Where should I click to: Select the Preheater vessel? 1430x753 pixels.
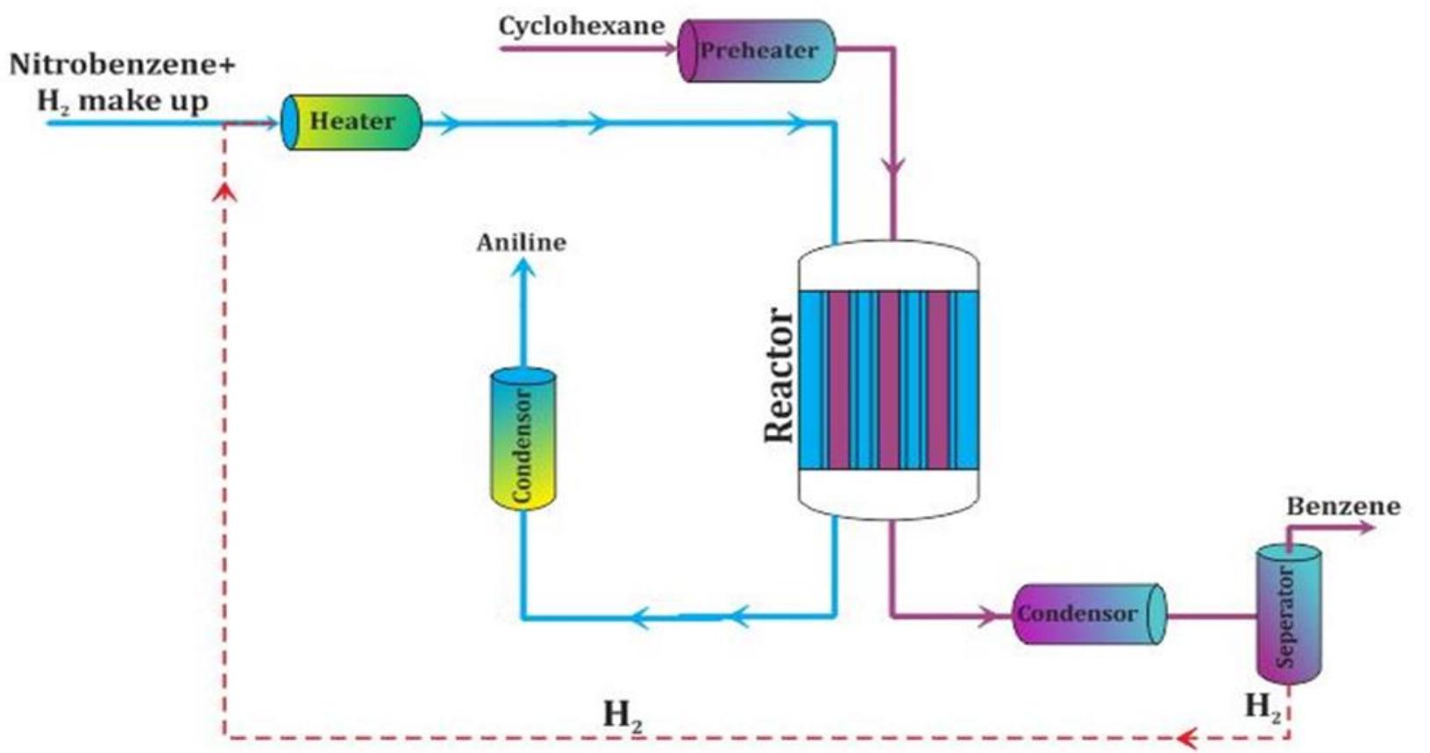(x=758, y=51)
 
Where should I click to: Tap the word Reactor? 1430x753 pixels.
(x=779, y=374)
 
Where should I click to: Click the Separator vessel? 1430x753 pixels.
(x=1288, y=614)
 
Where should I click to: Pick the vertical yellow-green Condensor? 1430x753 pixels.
(x=523, y=438)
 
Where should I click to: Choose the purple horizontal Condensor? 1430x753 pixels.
(x=1087, y=614)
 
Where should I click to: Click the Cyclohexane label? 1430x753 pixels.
(x=581, y=26)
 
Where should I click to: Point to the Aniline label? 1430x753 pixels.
(x=521, y=243)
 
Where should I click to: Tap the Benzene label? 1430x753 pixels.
(x=1342, y=507)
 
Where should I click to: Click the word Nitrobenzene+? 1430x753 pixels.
(x=122, y=65)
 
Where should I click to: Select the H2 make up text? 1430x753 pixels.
(x=122, y=101)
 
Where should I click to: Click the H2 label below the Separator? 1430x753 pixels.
(x=1263, y=706)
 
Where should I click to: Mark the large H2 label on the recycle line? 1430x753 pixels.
(x=623, y=715)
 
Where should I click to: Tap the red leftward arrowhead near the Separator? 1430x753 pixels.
(x=1187, y=737)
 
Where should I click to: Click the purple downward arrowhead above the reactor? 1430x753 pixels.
(x=893, y=167)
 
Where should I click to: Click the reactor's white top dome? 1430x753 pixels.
(x=888, y=266)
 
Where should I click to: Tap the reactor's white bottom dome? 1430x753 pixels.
(x=888, y=493)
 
